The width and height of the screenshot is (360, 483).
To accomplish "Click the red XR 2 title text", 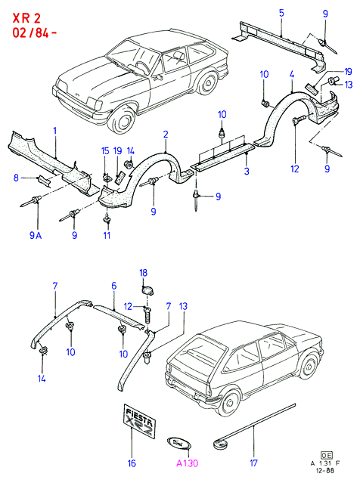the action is coord(26,18).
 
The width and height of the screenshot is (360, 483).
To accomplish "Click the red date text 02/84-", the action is coord(35,33).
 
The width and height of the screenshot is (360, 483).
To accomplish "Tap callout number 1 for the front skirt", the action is coord(55,131).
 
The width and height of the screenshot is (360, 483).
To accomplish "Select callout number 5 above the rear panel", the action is coord(281,13).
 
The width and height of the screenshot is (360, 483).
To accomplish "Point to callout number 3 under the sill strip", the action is coord(247,172).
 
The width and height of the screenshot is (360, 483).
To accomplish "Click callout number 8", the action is coord(16,178).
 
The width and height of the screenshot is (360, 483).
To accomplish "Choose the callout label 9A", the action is coord(36,236).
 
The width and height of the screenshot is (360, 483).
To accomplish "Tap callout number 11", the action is coord(107,236).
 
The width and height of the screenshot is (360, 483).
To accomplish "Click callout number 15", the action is coord(105,151).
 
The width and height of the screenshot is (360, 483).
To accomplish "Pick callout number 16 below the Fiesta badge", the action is coord(132,463).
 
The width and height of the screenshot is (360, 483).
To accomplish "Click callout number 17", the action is coord(253,463).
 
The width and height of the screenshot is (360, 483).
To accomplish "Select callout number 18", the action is coord(144,273).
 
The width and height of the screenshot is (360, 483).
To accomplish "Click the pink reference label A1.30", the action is coord(187,463).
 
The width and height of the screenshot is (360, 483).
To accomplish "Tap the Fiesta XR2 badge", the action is coord(138,420).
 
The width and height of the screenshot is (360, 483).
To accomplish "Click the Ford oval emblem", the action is coord(178,444).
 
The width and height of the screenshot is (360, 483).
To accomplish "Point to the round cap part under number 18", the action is coord(148,290).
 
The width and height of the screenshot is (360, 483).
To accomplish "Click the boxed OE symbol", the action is coord(326,455).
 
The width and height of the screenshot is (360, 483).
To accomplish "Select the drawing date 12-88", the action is coord(325,470).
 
